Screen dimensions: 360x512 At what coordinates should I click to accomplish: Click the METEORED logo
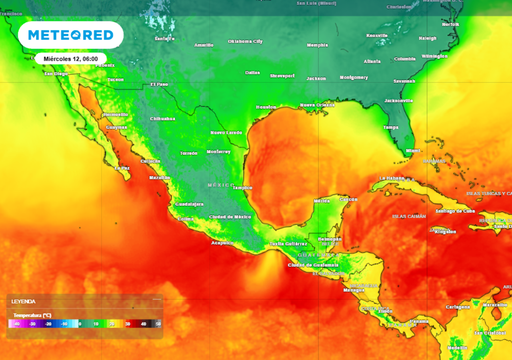pos(71,35)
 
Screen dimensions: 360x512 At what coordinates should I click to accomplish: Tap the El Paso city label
pos(160,84)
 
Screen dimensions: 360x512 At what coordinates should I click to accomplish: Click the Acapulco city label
pos(223,242)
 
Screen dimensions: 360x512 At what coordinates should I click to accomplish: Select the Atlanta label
pos(372,60)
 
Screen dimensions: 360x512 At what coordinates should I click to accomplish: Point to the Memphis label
pos(316,45)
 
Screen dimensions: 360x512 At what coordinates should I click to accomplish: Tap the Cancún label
pos(349,198)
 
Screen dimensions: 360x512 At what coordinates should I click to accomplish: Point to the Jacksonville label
pos(399,100)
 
